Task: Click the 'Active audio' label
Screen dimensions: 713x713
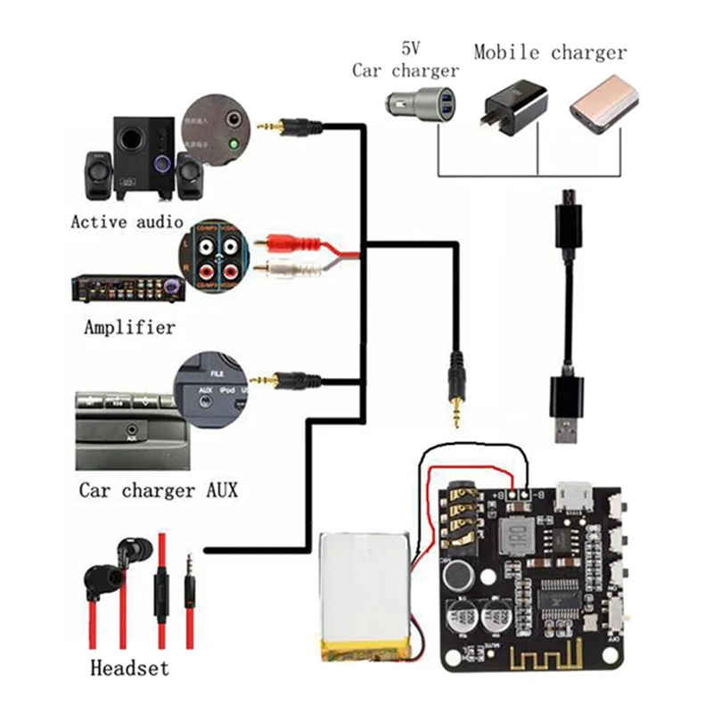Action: coord(127,221)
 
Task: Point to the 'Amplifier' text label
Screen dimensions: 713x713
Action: coord(129,327)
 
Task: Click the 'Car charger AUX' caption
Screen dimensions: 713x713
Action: coord(158,490)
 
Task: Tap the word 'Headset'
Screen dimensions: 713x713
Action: coord(129,667)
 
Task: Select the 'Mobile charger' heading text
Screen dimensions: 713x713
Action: coord(550,52)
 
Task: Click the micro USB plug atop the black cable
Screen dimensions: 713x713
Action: coord(566,214)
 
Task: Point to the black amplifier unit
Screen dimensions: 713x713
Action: coord(125,288)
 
